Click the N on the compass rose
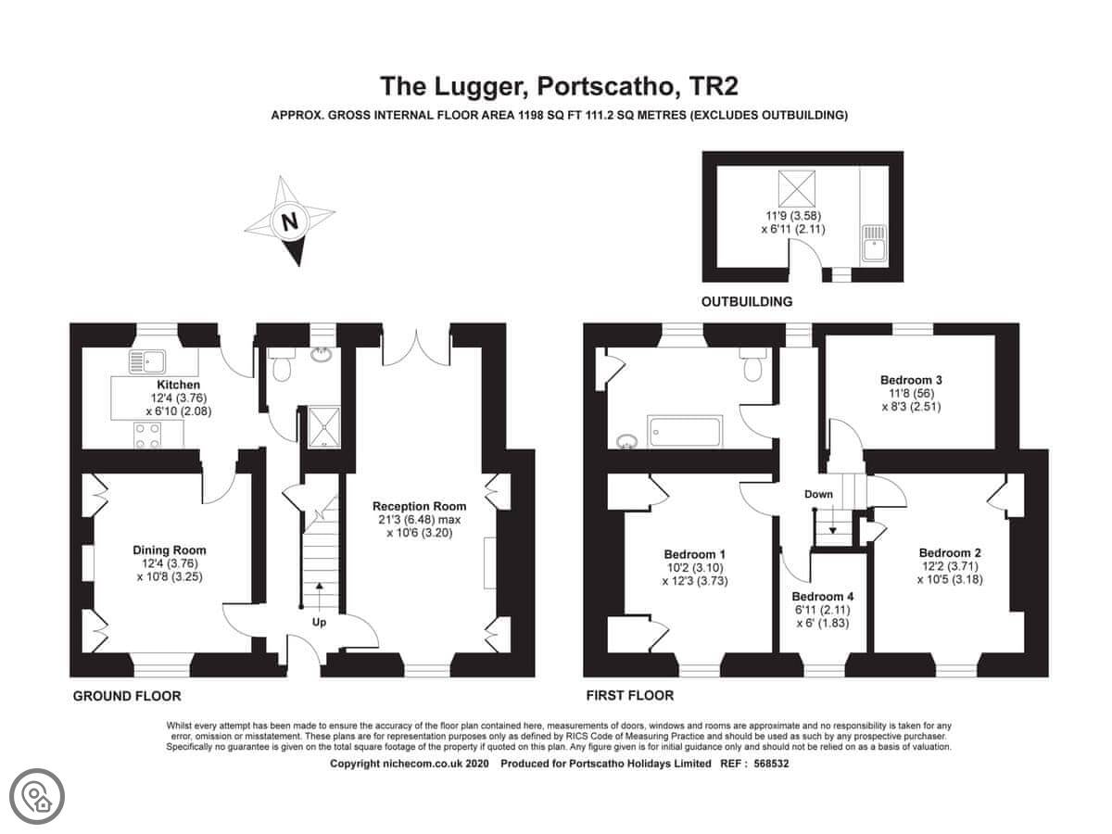pos(289,221)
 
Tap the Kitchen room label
pos(178,385)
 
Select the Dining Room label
pos(170,550)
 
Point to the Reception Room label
pos(419,506)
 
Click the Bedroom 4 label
pos(823,597)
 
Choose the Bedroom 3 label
pos(911,380)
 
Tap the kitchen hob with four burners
pos(147,436)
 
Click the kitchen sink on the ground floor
pos(147,361)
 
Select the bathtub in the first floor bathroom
pos(684,432)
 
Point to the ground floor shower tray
pos(324,427)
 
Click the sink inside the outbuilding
pos(873,244)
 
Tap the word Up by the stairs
pos(319,623)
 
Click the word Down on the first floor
pos(818,494)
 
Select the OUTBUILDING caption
pos(746,302)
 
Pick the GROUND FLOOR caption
pos(127,696)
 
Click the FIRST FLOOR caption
pos(630,696)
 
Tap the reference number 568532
pos(771,764)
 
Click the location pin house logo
pos(37,797)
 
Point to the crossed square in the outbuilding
pos(796,189)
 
